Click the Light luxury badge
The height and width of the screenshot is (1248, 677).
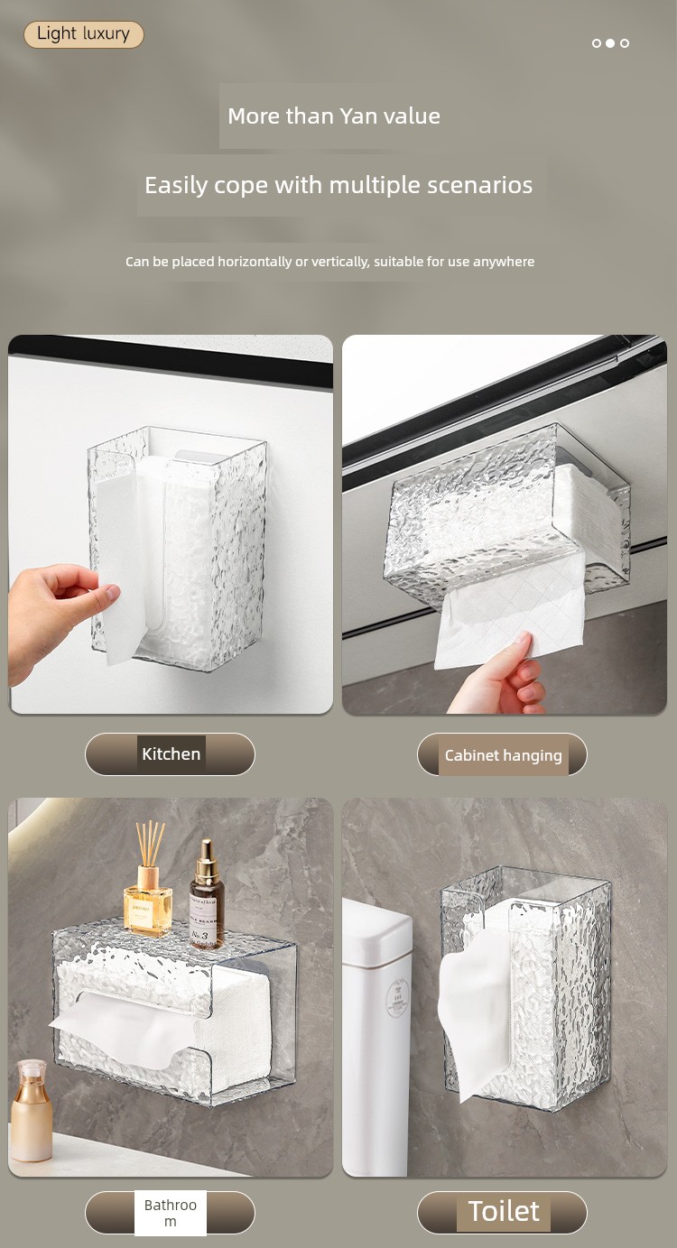[x=84, y=34]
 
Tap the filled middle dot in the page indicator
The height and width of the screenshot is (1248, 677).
[x=610, y=43]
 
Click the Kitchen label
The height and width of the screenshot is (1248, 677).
[x=171, y=753]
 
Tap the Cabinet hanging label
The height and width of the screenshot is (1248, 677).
[x=503, y=755]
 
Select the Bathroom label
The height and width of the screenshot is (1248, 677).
[x=170, y=1212]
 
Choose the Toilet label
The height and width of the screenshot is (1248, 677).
[x=503, y=1212]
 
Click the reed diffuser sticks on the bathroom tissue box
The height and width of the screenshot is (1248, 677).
[x=150, y=843]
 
